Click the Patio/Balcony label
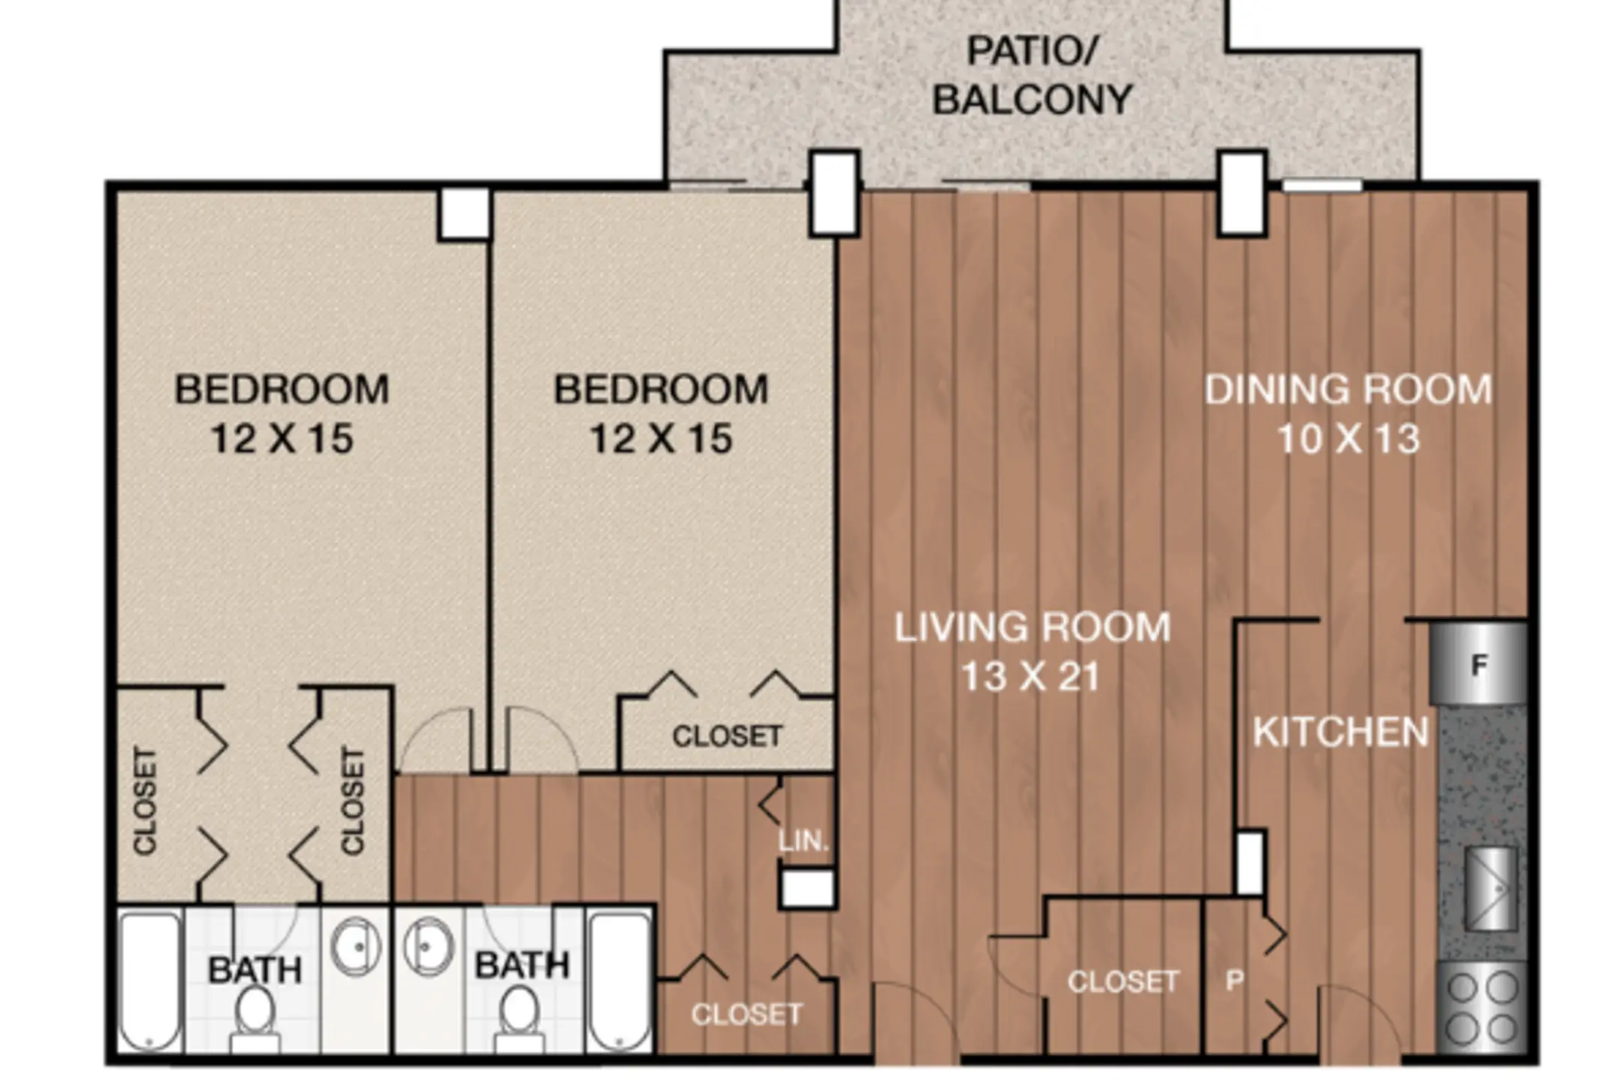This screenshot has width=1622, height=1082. pyautogui.click(x=1033, y=75)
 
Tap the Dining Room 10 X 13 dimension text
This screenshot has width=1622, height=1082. pyautogui.click(x=1349, y=439)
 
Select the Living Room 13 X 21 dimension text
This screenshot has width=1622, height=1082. pyautogui.click(x=1031, y=676)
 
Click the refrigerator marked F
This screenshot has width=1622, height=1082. pyautogui.click(x=1478, y=663)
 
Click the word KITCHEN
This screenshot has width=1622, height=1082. pyautogui.click(x=1340, y=733)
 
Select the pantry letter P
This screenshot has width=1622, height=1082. pyautogui.click(x=1235, y=980)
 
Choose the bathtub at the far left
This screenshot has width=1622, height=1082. pyautogui.click(x=151, y=981)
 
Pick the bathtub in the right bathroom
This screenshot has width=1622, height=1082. pyautogui.click(x=620, y=981)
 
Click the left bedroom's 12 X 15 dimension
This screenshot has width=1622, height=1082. pyautogui.click(x=282, y=439)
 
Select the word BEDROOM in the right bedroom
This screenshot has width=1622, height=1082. pyautogui.click(x=661, y=389)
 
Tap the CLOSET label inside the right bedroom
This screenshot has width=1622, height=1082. pyautogui.click(x=727, y=736)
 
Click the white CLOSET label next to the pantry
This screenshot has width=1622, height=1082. pyautogui.click(x=1123, y=981)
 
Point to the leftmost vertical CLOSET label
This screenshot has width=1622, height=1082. pyautogui.click(x=145, y=801)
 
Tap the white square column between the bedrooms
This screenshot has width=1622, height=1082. pyautogui.click(x=464, y=214)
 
